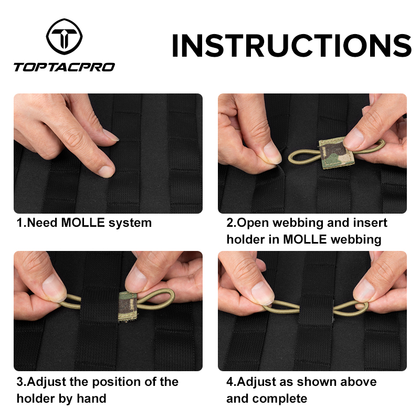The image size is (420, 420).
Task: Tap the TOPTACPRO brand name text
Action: [64, 67]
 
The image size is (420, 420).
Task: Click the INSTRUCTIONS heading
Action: [291, 46]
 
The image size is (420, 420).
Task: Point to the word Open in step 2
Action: [250, 223]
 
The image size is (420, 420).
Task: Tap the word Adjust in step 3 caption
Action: [45, 382]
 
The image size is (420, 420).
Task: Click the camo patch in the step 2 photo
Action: [333, 153]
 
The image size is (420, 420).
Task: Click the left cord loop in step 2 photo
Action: [302, 155]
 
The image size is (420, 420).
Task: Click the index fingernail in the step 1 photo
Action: [107, 171]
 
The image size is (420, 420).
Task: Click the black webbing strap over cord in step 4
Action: [316, 310]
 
